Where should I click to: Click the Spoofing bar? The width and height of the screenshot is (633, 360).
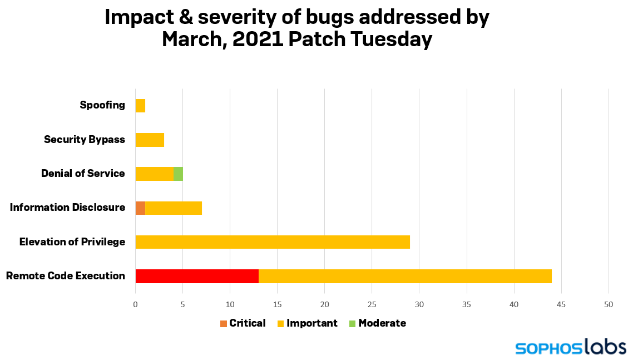click(x=140, y=106)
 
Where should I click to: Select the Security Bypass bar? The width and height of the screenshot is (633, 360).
click(x=150, y=140)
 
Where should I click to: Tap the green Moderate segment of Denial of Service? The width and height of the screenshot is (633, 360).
click(x=178, y=174)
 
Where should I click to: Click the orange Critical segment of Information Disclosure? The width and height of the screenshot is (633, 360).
click(x=140, y=208)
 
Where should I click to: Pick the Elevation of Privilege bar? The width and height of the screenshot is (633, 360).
click(x=273, y=242)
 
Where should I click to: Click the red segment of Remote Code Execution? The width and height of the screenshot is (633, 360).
click(x=197, y=276)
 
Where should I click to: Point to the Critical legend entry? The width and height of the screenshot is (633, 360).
click(x=243, y=323)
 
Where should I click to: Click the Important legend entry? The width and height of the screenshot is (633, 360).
click(x=308, y=323)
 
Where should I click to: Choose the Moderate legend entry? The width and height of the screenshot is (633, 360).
click(x=378, y=323)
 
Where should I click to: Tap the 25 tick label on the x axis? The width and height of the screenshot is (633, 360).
click(x=372, y=304)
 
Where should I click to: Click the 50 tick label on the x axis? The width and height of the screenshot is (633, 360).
click(x=609, y=304)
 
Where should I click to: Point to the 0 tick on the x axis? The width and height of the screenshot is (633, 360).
click(x=135, y=304)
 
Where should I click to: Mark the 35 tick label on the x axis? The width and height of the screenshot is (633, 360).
click(x=467, y=304)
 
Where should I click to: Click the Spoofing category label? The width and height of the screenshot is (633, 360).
click(x=102, y=105)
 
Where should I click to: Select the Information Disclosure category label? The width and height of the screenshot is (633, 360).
click(x=67, y=208)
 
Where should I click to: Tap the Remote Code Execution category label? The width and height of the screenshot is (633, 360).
click(x=65, y=276)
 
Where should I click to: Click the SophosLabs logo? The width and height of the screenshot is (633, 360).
click(x=571, y=348)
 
